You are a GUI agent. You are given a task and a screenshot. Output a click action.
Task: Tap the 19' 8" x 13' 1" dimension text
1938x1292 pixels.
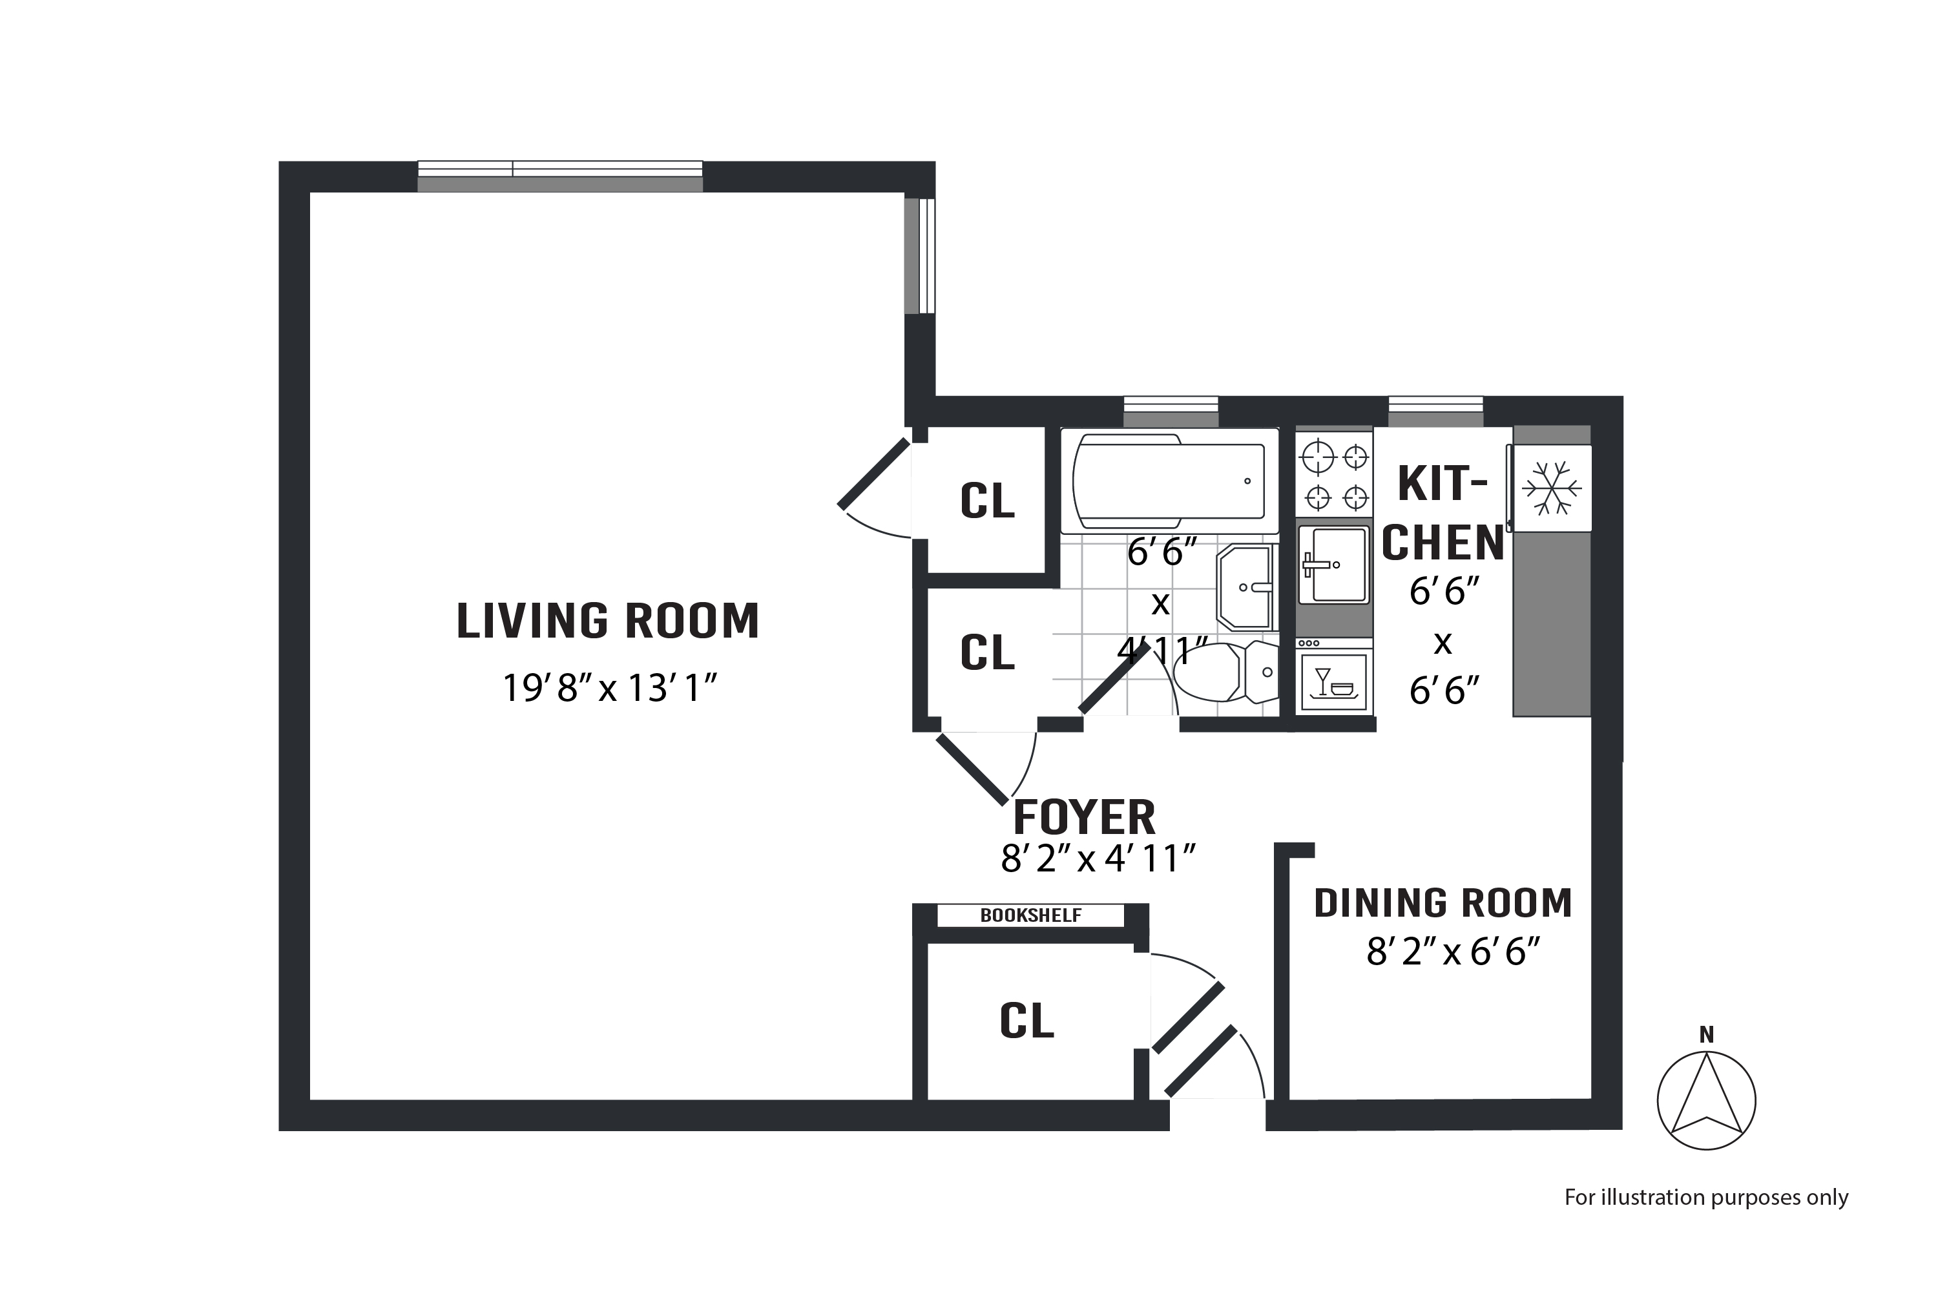click(610, 688)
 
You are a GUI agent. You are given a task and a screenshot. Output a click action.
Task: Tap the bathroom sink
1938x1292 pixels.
click(1246, 587)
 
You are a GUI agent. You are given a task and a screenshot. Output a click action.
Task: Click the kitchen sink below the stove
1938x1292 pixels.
click(1333, 565)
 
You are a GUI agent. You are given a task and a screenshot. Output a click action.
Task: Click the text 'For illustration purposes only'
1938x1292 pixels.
click(1705, 1197)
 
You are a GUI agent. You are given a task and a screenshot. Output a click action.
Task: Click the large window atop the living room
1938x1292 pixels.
click(560, 176)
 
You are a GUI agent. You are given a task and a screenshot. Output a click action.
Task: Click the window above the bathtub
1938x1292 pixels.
click(1171, 411)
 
